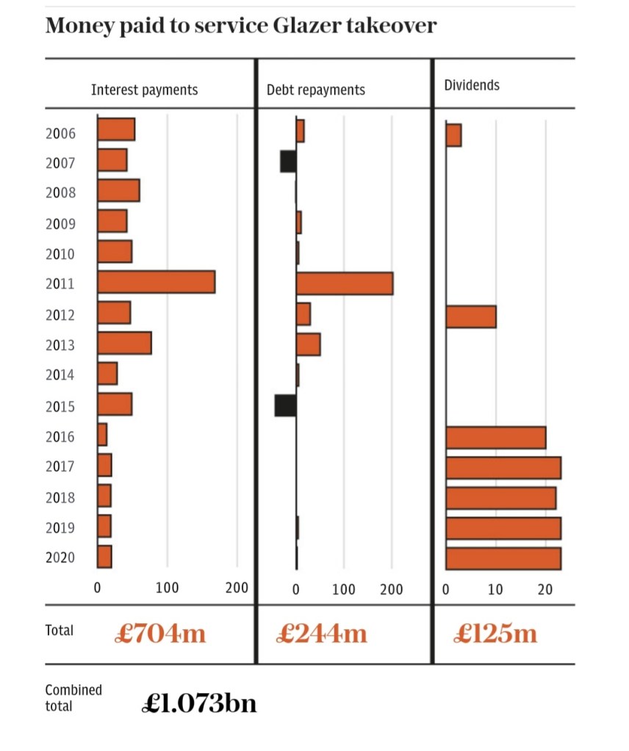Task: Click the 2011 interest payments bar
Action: [x=156, y=283]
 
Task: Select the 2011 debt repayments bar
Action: [x=344, y=283]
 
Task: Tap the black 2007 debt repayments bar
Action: [x=288, y=162]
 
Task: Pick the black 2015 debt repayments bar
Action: [x=285, y=405]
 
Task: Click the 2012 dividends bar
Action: [x=470, y=316]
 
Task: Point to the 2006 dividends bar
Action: [x=453, y=136]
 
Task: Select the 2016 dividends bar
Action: [x=495, y=438]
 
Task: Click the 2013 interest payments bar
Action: [x=124, y=344]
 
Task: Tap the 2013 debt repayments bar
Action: [x=308, y=344]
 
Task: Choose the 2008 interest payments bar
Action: [x=118, y=191]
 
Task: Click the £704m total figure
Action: [x=159, y=633]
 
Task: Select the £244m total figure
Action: [x=321, y=633]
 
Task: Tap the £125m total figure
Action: [x=495, y=633]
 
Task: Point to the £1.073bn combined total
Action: [x=198, y=703]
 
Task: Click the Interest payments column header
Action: [x=144, y=90]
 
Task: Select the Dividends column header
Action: [x=472, y=85]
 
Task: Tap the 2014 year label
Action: [x=60, y=375]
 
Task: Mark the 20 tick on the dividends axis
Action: [x=544, y=589]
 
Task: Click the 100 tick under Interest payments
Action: [x=167, y=588]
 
